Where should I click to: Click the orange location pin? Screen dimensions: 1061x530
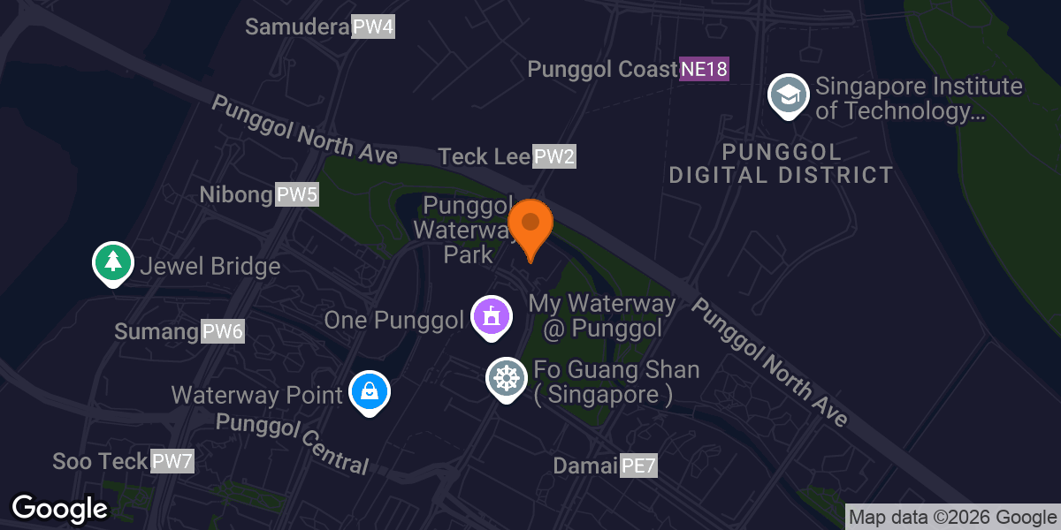click(x=530, y=226)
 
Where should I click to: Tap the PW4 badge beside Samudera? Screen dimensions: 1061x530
click(x=372, y=26)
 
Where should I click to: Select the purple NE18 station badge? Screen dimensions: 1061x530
click(x=704, y=69)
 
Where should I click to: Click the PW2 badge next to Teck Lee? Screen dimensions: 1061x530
click(x=554, y=157)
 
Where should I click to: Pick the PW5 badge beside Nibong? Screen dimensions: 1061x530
click(x=296, y=194)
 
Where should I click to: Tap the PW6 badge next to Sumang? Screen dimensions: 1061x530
click(x=223, y=332)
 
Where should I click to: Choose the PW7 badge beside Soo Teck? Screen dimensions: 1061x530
click(x=172, y=461)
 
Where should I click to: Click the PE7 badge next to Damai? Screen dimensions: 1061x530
click(x=638, y=466)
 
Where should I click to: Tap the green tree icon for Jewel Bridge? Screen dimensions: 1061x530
click(x=112, y=262)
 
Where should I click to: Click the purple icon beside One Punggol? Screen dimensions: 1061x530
click(x=492, y=316)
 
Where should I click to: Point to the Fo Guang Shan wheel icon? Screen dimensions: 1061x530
click(x=507, y=378)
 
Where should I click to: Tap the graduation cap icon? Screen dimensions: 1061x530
click(x=787, y=94)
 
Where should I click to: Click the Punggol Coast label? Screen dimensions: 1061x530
click(x=602, y=69)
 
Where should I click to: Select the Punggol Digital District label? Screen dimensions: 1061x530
click(x=781, y=163)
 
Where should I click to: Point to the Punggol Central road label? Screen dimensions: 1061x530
click(x=292, y=442)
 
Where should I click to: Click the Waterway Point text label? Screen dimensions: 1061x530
click(x=256, y=394)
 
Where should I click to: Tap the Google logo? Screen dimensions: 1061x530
click(x=59, y=509)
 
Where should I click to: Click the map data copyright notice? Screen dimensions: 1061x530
click(x=952, y=518)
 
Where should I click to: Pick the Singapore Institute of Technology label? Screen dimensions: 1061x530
click(x=918, y=99)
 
